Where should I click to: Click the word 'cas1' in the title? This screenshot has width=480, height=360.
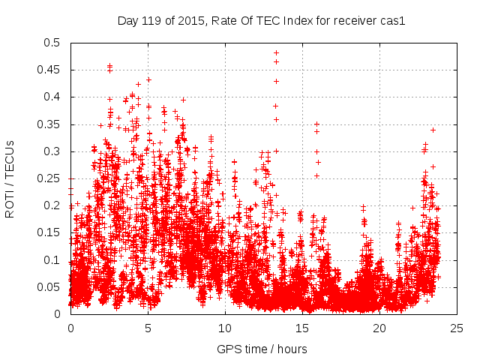pos(392,21)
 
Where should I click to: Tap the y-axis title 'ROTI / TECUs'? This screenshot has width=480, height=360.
pos(10,178)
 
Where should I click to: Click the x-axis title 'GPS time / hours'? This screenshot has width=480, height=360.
pos(262,349)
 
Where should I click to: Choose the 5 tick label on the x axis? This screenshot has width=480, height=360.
pos(148,328)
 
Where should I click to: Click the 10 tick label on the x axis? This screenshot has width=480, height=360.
pos(225,328)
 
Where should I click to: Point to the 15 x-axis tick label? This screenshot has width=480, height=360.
pos(302,328)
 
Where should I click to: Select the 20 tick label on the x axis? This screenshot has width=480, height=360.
pos(379,328)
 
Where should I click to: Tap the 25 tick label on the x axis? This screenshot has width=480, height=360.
pos(457,328)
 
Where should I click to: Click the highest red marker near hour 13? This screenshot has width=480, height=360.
pos(276,53)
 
